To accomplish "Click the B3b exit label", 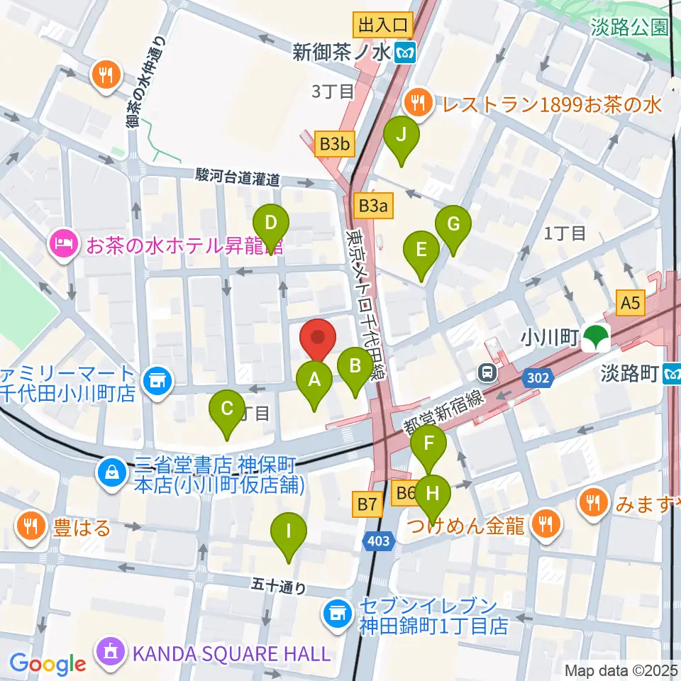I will [335, 145].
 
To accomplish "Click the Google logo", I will [48, 663].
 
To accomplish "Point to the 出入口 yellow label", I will [383, 26].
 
